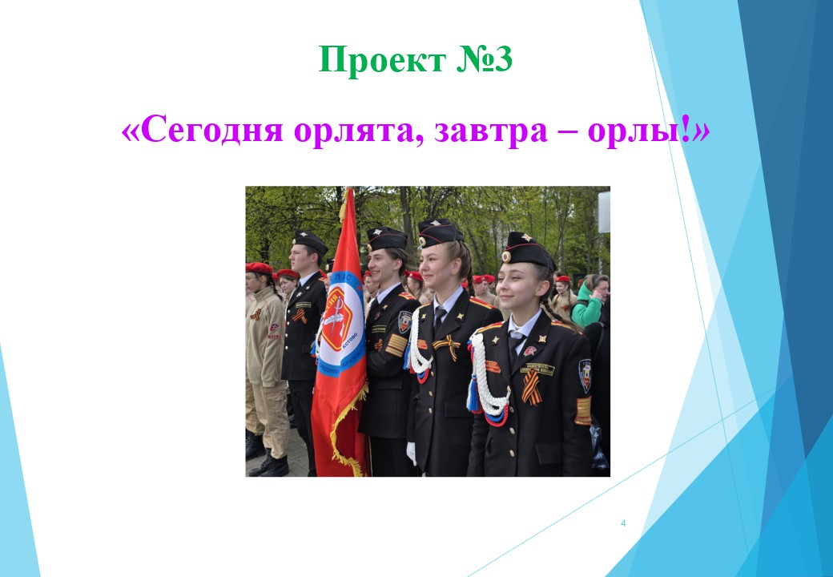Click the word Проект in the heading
[382, 59]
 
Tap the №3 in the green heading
[485, 59]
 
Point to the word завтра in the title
[491, 131]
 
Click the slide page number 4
[623, 523]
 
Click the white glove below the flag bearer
[411, 454]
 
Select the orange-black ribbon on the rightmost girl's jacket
[531, 387]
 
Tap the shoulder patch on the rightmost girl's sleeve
[585, 376]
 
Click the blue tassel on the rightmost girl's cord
[473, 395]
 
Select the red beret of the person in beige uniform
[259, 268]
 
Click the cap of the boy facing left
[310, 242]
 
